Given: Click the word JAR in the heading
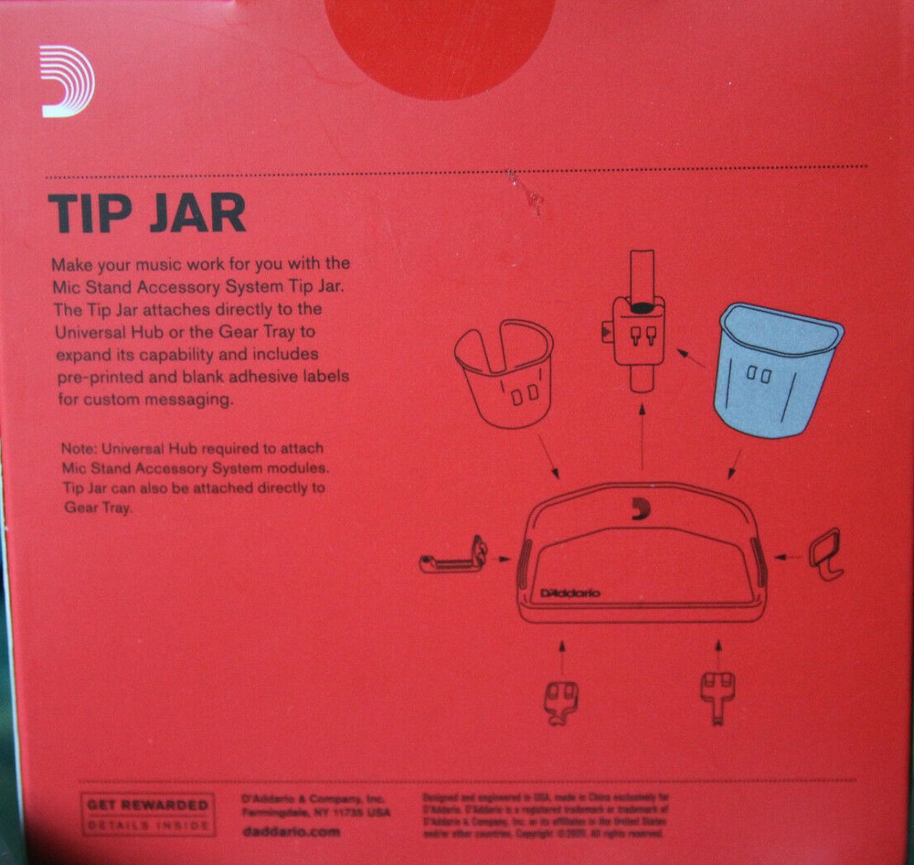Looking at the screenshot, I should pos(195,212).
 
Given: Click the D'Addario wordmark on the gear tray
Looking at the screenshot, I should pos(570,593).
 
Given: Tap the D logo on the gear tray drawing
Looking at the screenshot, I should pos(641,510).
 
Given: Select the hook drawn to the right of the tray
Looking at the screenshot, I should pos(826,552).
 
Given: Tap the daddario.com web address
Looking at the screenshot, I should pos(291,832).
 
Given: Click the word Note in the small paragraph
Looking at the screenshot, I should pos(78,449).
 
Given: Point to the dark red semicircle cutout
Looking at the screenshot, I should pos(440,41).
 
